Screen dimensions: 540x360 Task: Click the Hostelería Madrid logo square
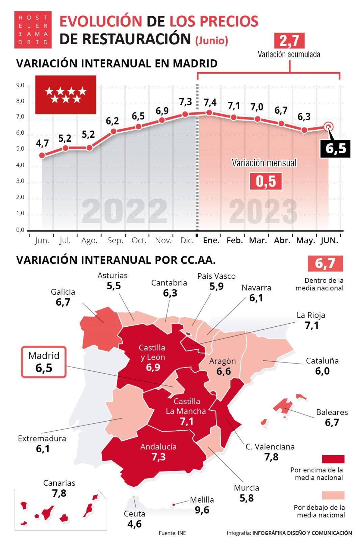coord(33,30)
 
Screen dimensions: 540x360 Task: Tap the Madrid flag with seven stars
coord(66,94)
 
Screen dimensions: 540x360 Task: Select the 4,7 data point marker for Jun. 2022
coord(42,155)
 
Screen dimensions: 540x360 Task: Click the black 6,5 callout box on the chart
coord(335,148)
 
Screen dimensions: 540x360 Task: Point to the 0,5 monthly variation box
coord(266,181)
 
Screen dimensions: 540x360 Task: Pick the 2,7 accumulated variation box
coord(289,41)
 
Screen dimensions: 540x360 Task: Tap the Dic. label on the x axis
coord(187,240)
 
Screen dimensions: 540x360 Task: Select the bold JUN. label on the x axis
coord(329,240)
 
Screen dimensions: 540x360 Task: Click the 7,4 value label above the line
coord(210,102)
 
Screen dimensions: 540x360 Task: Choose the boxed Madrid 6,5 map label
coord(44,362)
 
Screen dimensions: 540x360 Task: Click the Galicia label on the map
coord(63,292)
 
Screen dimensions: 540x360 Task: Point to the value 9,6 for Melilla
coord(202,510)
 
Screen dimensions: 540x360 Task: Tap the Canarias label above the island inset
coord(59,483)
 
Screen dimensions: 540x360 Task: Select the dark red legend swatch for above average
coord(333,459)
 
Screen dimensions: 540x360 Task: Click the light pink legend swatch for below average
coord(333,495)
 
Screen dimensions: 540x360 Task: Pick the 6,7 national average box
coord(325,264)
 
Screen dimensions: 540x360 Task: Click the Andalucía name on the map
coord(158,447)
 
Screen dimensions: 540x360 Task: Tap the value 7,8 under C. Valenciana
coord(271,457)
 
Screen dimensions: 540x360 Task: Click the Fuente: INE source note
coord(172,533)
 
